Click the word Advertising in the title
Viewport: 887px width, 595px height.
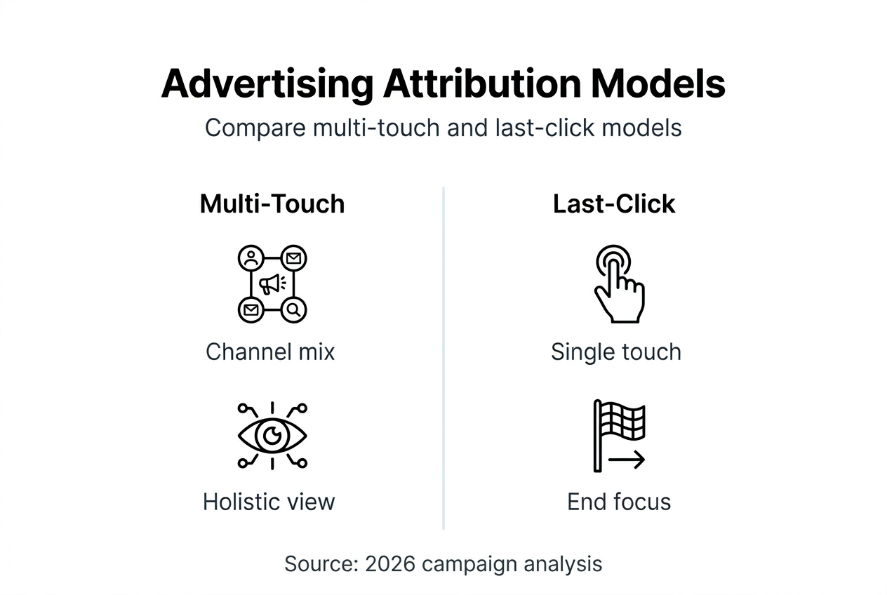[x=267, y=85]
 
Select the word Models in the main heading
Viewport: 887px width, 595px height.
[x=658, y=85]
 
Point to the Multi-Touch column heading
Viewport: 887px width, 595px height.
[x=272, y=204]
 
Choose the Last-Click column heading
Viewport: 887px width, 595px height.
[x=614, y=204]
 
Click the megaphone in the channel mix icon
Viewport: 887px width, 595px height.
[x=272, y=284]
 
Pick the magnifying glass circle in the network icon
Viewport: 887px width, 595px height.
[x=294, y=309]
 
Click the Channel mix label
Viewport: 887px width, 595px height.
[x=270, y=352]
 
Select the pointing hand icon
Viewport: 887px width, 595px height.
[x=618, y=285]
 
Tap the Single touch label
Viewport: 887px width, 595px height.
[x=615, y=352]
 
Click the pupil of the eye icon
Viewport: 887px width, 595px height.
[x=272, y=437]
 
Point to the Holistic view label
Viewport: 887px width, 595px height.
[x=269, y=502]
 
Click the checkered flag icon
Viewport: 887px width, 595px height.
[x=620, y=421]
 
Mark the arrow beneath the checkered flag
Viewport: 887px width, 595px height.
[x=626, y=461]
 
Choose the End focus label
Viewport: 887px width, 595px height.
[x=619, y=502]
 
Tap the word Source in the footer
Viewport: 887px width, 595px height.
[x=321, y=564]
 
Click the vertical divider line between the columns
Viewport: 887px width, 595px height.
[x=443, y=358]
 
